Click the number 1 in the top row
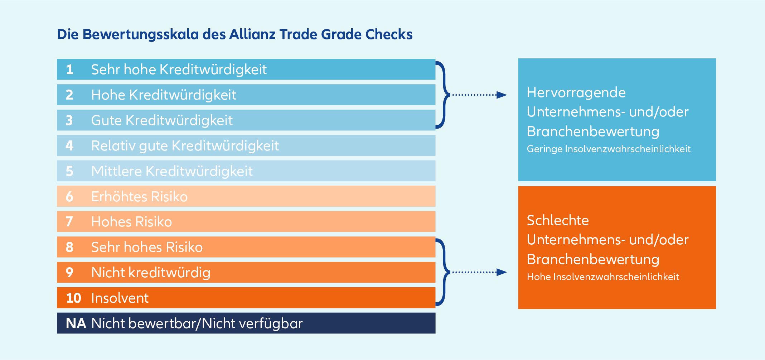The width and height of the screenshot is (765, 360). point(69,69)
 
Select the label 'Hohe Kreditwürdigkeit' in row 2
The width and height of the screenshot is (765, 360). point(164,95)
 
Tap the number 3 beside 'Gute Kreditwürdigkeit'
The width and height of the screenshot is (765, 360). point(69,120)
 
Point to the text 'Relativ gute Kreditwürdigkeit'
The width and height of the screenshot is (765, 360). point(185,146)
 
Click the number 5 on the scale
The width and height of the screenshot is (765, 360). point(69,171)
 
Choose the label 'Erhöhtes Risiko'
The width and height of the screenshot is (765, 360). point(139,197)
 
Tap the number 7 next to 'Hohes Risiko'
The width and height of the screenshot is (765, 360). point(69,222)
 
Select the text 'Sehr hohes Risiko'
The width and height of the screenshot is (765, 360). point(147,247)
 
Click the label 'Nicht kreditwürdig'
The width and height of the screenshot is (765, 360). point(151,273)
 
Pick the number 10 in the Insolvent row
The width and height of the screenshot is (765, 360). point(73,298)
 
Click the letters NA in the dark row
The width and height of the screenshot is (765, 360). point(76,323)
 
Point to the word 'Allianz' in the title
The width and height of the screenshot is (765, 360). point(252,34)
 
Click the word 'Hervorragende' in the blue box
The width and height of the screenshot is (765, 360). point(576,92)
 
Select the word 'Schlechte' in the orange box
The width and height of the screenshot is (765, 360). point(557,220)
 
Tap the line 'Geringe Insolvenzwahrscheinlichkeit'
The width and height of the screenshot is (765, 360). point(609,149)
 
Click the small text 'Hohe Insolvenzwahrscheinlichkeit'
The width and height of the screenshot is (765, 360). point(603,277)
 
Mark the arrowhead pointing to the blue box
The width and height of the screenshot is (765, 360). point(502,95)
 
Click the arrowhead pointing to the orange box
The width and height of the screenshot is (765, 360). point(502,272)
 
